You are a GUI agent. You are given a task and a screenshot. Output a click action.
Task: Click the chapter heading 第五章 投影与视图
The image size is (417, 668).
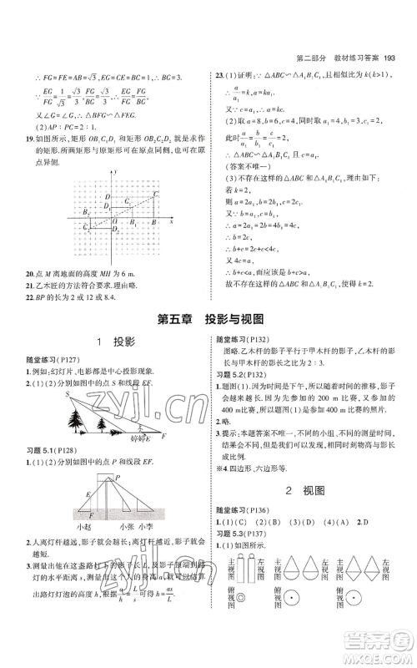208,317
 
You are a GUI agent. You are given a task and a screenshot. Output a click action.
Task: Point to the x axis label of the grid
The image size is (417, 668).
170,223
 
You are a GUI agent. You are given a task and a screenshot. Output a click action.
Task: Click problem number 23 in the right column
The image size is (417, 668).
219,74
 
